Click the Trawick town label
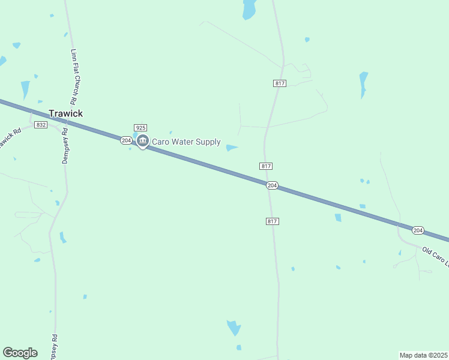65,113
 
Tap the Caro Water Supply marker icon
142,141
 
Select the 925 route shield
140,128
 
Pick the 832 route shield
41,125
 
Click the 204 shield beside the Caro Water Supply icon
125,140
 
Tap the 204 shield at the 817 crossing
272,185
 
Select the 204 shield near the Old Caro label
418,230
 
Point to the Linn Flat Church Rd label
76,75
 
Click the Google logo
20,353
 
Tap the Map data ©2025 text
423,355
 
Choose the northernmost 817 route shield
279,83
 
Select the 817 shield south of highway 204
272,221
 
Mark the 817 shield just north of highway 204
267,166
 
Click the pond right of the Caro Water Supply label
232,148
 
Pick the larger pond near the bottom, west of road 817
234,328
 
